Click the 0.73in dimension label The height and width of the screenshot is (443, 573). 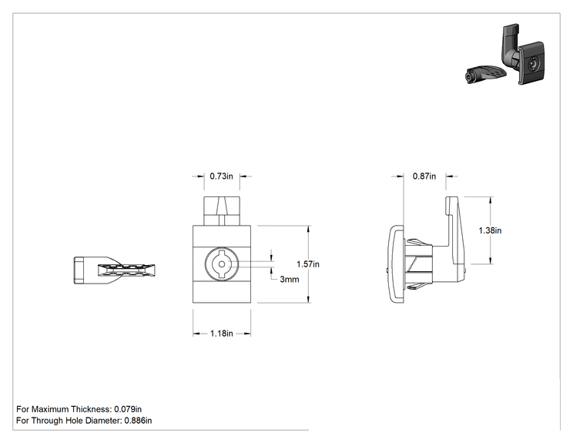pos(221,176)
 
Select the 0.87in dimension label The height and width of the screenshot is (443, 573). pos(424,176)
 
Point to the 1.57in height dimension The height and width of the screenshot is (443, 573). pos(308,264)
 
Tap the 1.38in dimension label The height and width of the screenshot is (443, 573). pos(490,230)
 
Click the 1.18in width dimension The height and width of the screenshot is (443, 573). pos(222,334)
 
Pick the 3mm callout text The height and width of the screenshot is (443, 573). pos(290,279)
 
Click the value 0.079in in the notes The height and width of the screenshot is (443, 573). pos(128,409)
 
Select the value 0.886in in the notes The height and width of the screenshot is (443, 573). pos(138,421)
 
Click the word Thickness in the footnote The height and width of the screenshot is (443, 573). pos(91,409)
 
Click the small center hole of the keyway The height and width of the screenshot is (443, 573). pos(222,264)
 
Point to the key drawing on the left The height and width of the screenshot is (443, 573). pos(115,270)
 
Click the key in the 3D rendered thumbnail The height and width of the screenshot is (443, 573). pos(486,74)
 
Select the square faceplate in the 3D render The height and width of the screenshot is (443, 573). pos(531,64)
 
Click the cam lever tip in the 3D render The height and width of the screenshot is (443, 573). pos(511,29)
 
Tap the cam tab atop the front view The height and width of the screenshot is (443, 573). pos(222,211)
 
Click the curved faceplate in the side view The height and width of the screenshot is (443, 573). pos(396,264)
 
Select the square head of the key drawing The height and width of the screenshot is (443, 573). pos(79,270)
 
